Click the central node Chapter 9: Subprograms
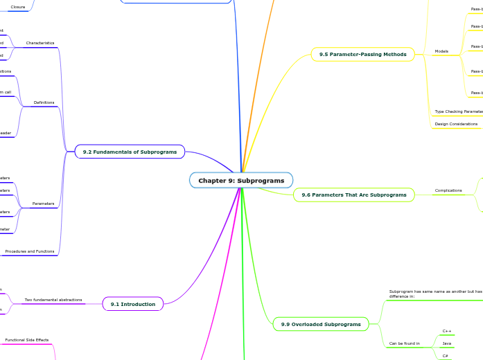[x=241, y=181]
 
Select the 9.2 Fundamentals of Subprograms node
[x=130, y=151]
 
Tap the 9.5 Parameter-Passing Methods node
[x=362, y=54]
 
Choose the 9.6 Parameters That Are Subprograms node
[x=353, y=195]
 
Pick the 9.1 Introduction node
[x=133, y=303]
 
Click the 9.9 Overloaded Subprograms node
[x=321, y=324]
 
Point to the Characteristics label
[x=40, y=43]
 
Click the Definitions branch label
[x=44, y=102]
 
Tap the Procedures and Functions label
[x=30, y=251]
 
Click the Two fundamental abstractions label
[x=53, y=300]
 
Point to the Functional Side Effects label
[x=27, y=340]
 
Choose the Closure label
[x=18, y=7]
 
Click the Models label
[x=441, y=51]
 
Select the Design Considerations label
[x=456, y=124]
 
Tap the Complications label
[x=448, y=190]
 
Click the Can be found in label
[x=404, y=343]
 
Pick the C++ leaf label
[x=447, y=331]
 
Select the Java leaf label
[x=447, y=343]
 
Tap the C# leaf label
[x=445, y=355]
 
